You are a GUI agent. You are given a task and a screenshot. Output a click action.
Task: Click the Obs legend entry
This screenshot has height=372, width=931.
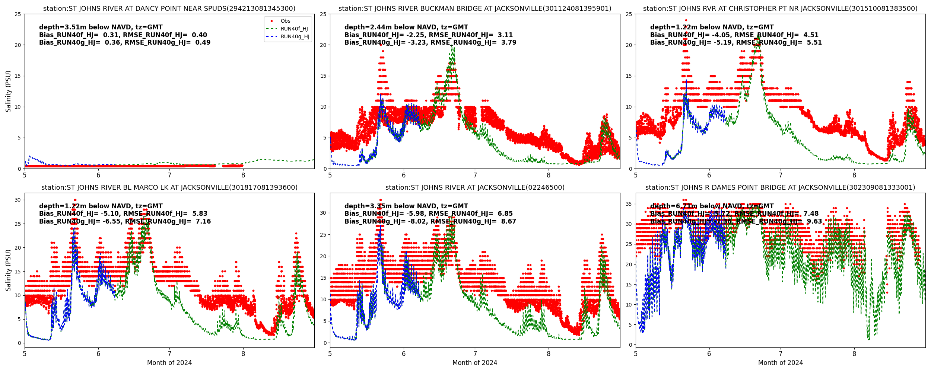tap(285, 21)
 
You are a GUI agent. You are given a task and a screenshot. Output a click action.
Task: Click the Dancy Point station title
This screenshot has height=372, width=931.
tap(169, 9)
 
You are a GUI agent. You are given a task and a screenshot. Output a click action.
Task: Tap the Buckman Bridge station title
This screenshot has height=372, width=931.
tap(475, 9)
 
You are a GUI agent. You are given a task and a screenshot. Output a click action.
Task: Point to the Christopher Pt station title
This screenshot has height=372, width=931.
tap(780, 9)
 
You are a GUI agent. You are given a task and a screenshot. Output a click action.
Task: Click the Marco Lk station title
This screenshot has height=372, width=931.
tap(169, 187)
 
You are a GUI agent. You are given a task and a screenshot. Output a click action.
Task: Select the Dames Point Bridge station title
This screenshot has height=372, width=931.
tap(780, 187)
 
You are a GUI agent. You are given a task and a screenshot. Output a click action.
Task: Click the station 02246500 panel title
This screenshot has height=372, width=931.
tap(475, 187)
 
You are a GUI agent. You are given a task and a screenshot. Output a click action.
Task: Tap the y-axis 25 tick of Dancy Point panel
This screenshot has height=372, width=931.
tap(18, 14)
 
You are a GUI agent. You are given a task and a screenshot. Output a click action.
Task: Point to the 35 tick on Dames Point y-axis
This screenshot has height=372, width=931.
tap(629, 204)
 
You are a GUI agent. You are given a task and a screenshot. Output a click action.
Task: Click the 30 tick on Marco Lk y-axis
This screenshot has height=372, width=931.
tap(18, 200)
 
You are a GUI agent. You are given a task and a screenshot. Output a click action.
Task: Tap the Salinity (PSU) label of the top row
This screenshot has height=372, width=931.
tap(8, 91)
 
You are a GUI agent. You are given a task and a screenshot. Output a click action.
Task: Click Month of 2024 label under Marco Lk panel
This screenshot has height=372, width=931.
tap(169, 363)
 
